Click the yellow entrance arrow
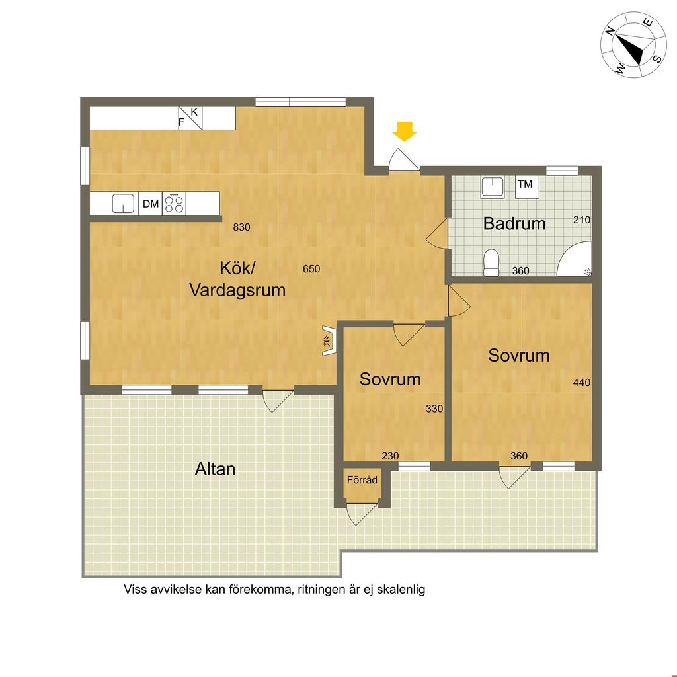405,132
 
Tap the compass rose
633,45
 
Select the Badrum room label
514,223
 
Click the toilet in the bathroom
491,262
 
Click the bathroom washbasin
493,186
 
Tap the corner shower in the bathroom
575,259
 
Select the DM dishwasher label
151,204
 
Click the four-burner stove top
174,204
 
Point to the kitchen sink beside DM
123,204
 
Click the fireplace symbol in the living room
328,340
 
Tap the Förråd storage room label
362,480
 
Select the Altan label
215,469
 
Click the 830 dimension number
241,227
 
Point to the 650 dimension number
311,269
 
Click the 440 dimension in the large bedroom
582,383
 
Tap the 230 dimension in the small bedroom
390,456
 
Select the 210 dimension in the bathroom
582,219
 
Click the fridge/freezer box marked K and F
190,118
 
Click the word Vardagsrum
238,290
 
